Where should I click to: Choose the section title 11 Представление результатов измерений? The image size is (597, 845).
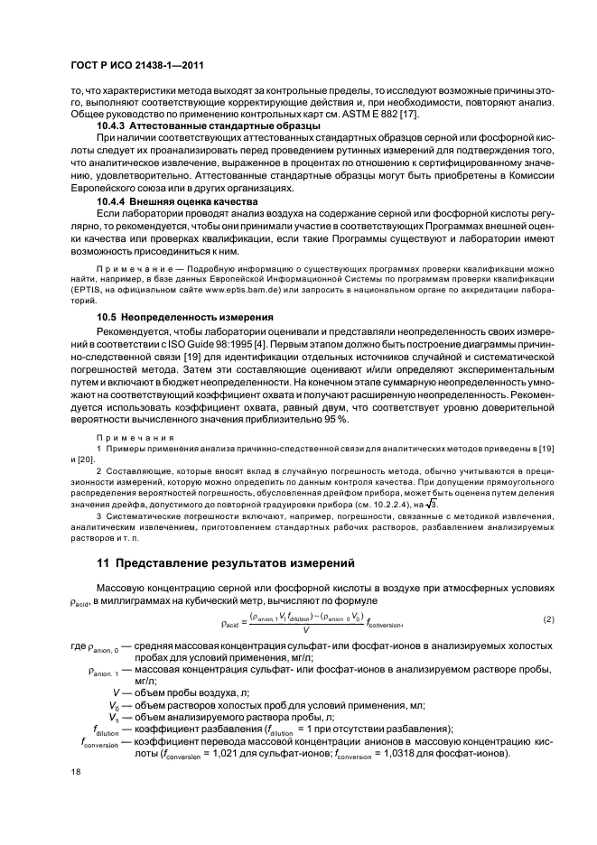click(x=225, y=563)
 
